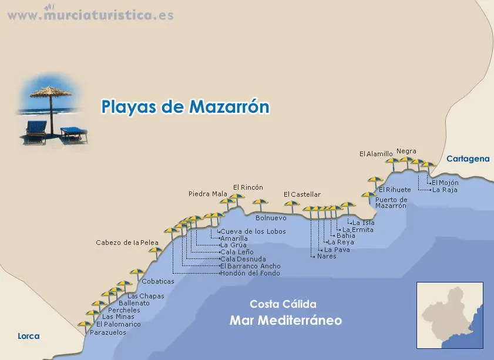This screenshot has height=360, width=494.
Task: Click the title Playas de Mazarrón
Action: pos(185,107)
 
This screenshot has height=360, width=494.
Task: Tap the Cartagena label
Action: pos(468,159)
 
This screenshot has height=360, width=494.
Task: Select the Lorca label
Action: pos(29,337)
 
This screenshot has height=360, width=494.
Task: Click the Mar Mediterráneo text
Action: pos(285,321)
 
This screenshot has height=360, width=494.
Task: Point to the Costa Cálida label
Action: pos(283,304)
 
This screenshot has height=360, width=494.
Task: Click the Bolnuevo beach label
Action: pos(271,218)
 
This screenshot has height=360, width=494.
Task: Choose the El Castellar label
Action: pos(302,194)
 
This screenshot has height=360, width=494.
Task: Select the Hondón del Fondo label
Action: pos(250,273)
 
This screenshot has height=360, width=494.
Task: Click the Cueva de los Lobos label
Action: pos(253,231)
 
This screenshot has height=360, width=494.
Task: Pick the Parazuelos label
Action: pos(108,332)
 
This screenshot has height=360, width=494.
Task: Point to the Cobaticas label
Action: pos(158,281)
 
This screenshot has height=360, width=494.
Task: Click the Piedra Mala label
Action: pos(207,194)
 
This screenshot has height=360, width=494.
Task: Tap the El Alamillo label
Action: pos(376,154)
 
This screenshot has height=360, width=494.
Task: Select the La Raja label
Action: pos(445,190)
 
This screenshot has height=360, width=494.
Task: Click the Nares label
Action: pos(327,256)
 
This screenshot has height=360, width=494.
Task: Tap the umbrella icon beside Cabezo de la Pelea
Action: pos(156,252)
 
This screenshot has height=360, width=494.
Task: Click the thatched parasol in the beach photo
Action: pos(49,94)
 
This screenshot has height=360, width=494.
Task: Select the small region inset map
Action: pos(450,315)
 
